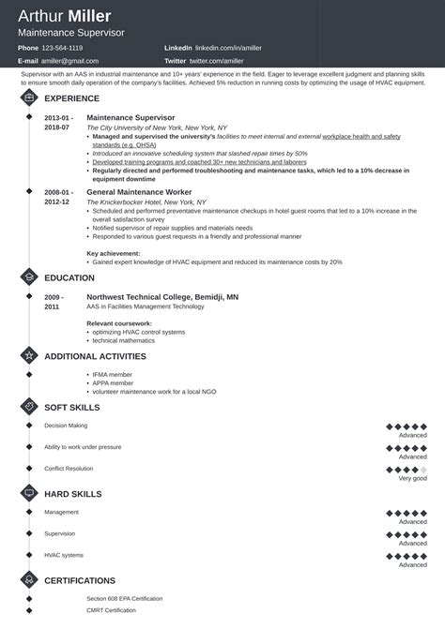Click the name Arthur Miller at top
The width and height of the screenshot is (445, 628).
tap(64, 16)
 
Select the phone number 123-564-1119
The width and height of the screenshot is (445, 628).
tap(63, 47)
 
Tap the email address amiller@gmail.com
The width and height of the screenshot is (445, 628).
tap(69, 59)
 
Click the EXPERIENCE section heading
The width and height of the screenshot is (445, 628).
tap(71, 97)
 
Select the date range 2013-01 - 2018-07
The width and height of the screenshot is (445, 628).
tap(57, 122)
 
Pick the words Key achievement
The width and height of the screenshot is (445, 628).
tap(117, 253)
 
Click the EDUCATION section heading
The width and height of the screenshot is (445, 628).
tap(69, 277)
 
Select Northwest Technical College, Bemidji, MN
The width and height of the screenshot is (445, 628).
tap(162, 296)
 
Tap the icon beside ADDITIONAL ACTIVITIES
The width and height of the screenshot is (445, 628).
tap(29, 356)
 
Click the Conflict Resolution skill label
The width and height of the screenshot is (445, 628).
tap(69, 468)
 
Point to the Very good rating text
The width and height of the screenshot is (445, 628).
tap(412, 478)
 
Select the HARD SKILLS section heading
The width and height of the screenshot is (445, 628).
tap(73, 493)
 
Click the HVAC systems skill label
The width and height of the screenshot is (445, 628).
tap(64, 555)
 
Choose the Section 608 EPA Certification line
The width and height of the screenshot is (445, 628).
tap(124, 598)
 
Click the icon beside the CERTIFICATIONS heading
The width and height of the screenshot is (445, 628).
tap(29, 580)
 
